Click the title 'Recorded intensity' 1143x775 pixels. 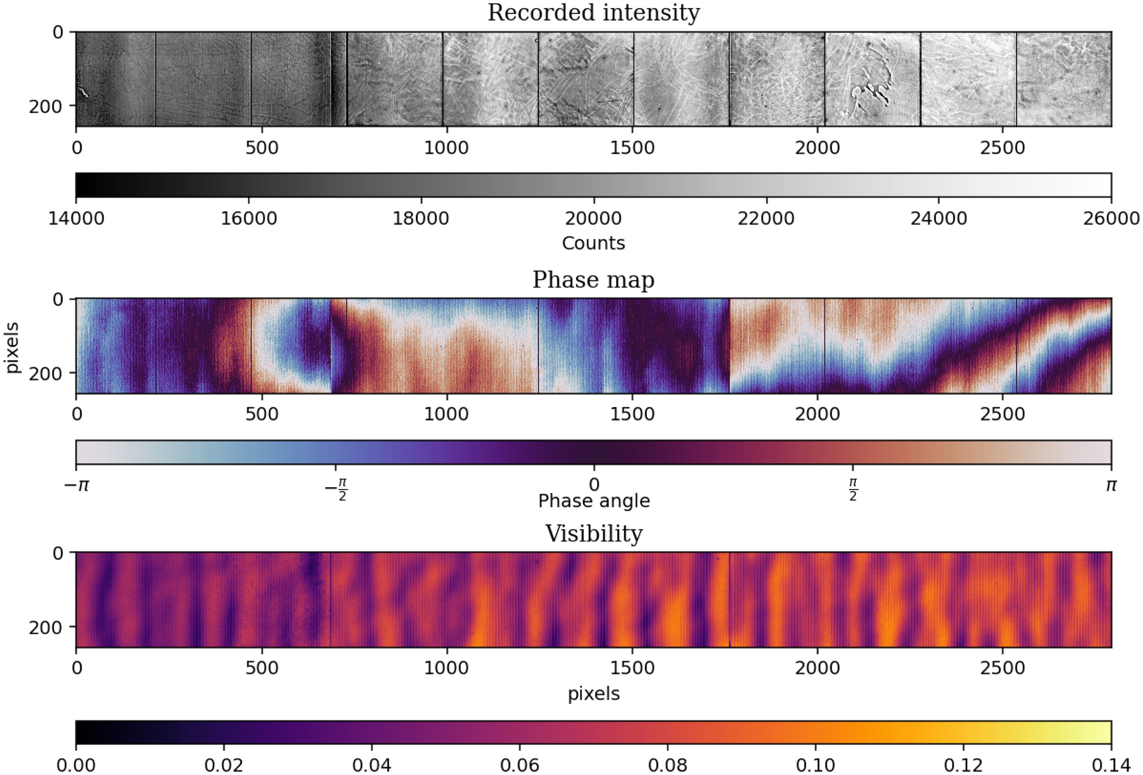click(593, 13)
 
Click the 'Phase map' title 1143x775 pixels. click(593, 280)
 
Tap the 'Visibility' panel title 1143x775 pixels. click(593, 533)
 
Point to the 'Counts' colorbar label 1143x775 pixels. click(593, 243)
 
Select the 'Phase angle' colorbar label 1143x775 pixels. click(593, 501)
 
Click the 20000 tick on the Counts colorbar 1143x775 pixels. click(593, 218)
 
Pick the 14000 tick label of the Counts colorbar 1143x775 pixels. click(76, 218)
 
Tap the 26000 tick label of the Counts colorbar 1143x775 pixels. click(1111, 218)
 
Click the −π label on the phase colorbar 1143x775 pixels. click(76, 486)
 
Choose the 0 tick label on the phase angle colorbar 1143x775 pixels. click(594, 485)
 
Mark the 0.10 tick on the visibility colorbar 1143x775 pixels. click(815, 765)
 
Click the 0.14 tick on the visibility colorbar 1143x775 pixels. click(1111, 765)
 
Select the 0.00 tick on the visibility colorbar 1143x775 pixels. click(76, 765)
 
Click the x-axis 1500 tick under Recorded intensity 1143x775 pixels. click(632, 148)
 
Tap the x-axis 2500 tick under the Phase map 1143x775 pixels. click(1002, 414)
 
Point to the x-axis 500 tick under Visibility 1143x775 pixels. click(262, 668)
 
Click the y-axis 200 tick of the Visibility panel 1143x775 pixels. click(45, 627)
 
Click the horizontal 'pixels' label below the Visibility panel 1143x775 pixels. click(593, 694)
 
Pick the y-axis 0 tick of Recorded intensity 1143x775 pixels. click(58, 32)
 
